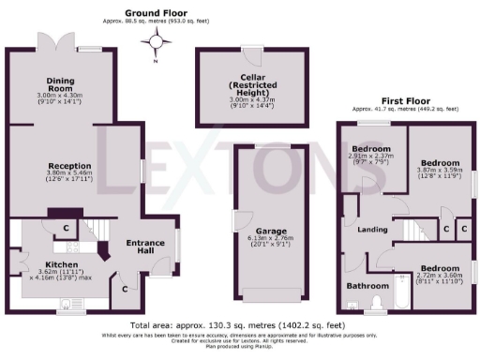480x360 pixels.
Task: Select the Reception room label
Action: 69,165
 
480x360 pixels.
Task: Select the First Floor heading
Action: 406,100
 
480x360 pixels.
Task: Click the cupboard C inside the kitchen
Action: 67,228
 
